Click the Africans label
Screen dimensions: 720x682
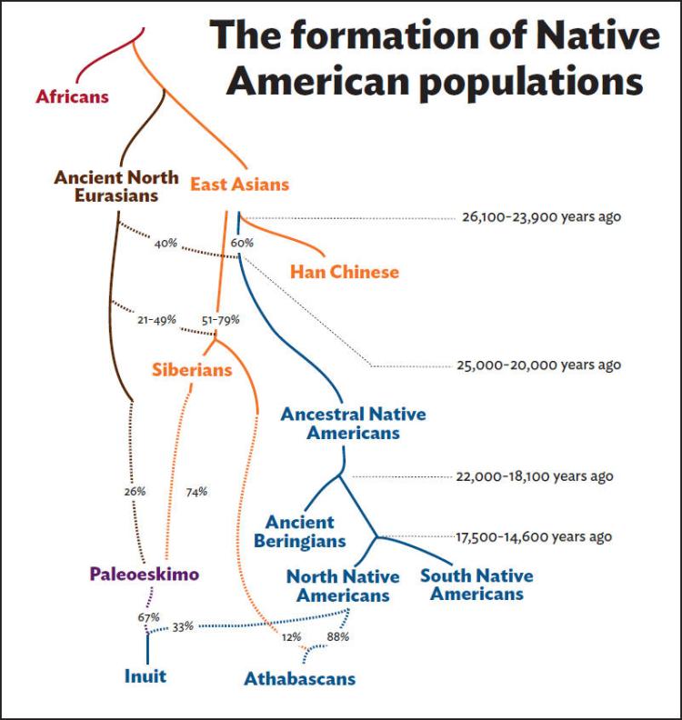[72, 95]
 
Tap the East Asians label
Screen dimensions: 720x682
[239, 185]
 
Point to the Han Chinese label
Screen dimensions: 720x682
[344, 271]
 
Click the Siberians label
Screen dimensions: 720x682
[192, 369]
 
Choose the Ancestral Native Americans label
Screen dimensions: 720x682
[353, 423]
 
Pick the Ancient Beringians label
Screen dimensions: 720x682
[305, 532]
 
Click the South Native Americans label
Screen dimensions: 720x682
[476, 585]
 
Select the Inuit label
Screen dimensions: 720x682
[145, 675]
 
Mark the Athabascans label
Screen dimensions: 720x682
[299, 678]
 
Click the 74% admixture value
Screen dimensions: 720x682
[196, 492]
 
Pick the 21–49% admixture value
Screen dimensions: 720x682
[155, 321]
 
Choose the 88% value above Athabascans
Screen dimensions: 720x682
[338, 636]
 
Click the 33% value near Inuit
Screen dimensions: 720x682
[183, 626]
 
